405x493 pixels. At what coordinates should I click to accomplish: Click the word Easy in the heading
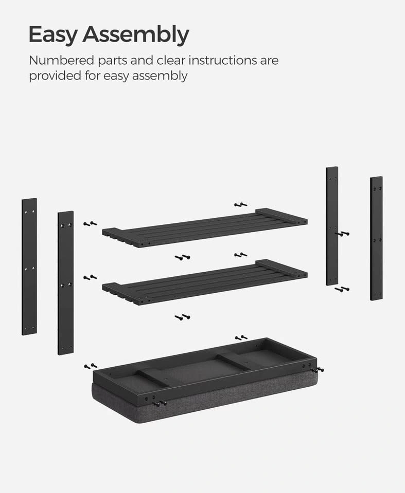click(52, 34)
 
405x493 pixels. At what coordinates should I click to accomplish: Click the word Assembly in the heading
click(136, 34)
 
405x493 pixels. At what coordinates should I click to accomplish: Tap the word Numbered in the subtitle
click(61, 60)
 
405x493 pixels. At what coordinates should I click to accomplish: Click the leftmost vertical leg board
click(29, 267)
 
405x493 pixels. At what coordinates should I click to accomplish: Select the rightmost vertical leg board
click(376, 238)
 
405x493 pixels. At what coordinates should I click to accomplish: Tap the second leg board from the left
click(65, 283)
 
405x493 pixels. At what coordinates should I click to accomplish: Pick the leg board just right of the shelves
click(332, 226)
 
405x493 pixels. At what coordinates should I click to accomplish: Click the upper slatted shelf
click(205, 227)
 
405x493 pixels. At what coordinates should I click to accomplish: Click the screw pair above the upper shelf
click(241, 205)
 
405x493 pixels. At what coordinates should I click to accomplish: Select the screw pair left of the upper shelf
click(90, 224)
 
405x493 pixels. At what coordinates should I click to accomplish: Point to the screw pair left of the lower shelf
click(90, 277)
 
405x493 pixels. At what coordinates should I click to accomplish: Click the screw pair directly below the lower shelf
click(183, 317)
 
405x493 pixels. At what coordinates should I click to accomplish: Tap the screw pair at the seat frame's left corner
click(91, 366)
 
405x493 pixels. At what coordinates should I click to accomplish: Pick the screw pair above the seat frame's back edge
click(241, 338)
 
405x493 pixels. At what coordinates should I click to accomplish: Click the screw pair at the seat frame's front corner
click(160, 404)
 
